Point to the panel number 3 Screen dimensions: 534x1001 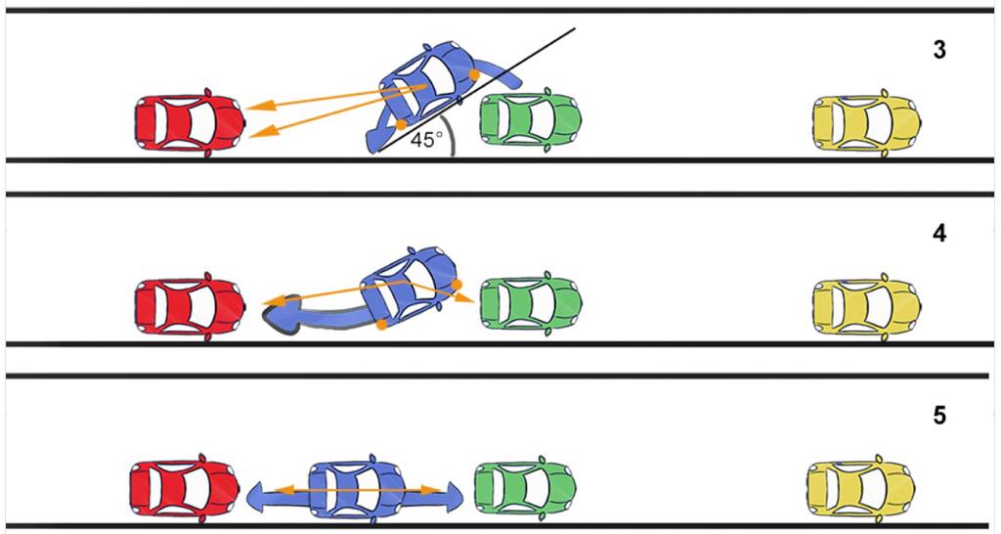[939, 51]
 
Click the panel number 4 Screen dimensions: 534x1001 [939, 236]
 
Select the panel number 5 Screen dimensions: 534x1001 [939, 417]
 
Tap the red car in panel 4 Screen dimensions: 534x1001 [189, 307]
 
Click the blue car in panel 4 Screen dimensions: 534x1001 [409, 287]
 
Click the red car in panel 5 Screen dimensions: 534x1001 [185, 485]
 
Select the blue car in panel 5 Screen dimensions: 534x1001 [357, 487]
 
